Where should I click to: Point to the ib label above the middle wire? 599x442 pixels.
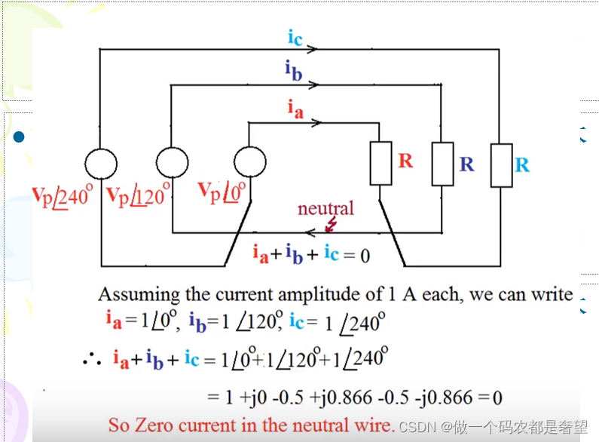[294, 71]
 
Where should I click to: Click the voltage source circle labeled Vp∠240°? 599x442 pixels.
[100, 162]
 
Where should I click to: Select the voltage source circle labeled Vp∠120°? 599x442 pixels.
[172, 162]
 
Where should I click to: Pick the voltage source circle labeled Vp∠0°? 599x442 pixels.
[249, 162]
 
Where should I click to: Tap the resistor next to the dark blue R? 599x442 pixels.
[442, 164]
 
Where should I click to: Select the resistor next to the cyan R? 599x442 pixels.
[501, 164]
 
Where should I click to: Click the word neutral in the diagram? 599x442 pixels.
[325, 207]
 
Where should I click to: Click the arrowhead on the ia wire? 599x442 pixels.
[322, 121]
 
